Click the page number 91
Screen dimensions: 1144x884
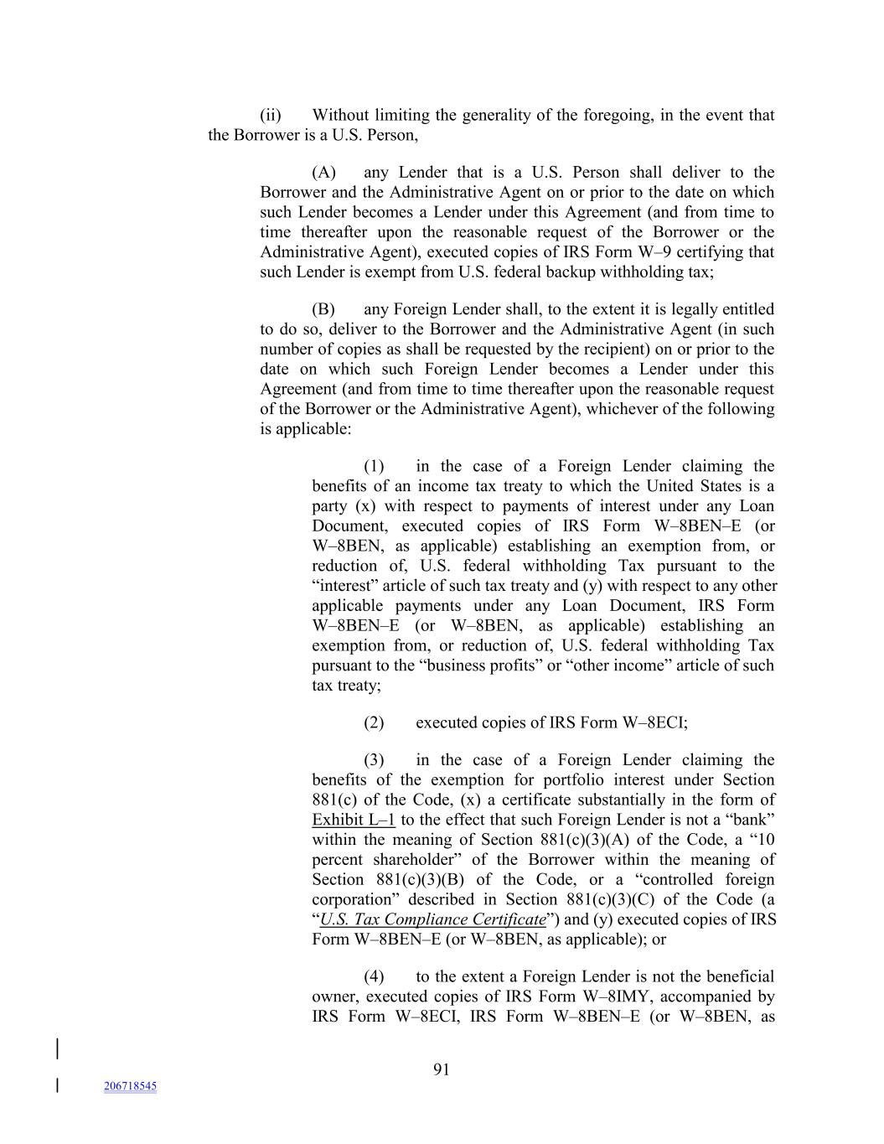pos(442,1069)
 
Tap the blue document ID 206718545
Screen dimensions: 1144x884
pos(130,1086)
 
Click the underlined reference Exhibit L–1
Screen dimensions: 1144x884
pos(353,820)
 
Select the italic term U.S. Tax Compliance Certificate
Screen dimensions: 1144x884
pos(433,919)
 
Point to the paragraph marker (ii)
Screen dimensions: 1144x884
pos(270,115)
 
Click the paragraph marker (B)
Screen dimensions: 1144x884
pos(323,309)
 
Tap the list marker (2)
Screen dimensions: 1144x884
pos(374,722)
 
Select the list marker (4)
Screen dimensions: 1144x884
pos(374,976)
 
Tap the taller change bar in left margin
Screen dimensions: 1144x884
pos(57,1049)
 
